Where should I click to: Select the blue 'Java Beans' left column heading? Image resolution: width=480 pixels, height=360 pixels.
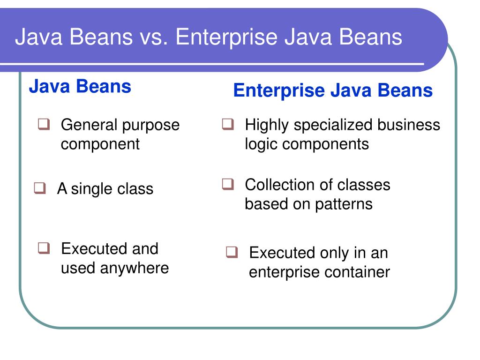(x=80, y=87)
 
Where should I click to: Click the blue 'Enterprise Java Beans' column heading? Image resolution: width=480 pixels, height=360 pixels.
(x=333, y=90)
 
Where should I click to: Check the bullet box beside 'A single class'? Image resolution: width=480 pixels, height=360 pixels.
(x=40, y=188)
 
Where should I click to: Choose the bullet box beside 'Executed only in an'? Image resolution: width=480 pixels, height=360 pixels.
(x=232, y=253)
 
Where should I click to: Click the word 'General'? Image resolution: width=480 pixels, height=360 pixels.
(x=89, y=125)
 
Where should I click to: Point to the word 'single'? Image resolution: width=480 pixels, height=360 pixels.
(x=92, y=189)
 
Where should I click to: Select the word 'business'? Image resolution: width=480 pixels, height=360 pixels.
(x=409, y=125)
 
